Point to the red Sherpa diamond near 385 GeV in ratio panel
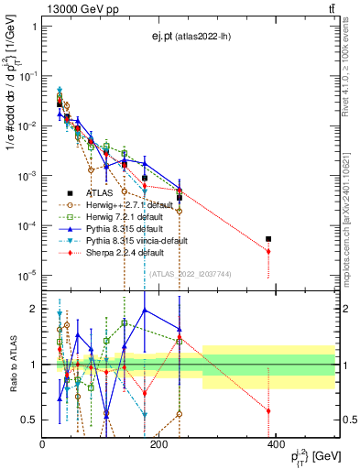[x=268, y=411]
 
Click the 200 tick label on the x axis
[x=158, y=444]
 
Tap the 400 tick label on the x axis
[x=276, y=444]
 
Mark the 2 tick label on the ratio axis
[x=33, y=309]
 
